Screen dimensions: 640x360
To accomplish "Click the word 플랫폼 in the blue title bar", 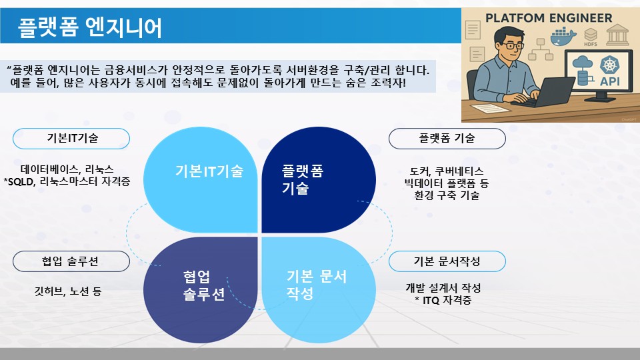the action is click(x=48, y=27).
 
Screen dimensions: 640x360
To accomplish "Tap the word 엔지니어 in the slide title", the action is click(x=124, y=27).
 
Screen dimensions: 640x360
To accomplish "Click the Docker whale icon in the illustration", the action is click(x=563, y=36).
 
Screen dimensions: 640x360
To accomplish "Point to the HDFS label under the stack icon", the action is click(x=590, y=44).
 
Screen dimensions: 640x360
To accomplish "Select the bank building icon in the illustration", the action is click(x=617, y=34).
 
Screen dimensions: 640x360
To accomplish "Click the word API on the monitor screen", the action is click(x=610, y=81).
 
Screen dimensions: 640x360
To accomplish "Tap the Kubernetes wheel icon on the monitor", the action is click(x=610, y=65).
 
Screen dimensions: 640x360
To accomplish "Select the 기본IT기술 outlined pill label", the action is click(x=71, y=139).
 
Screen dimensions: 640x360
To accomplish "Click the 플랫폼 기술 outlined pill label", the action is click(x=447, y=139).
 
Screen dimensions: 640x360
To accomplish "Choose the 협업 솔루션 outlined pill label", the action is click(x=71, y=261).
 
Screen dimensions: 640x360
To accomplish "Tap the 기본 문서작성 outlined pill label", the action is click(x=447, y=261).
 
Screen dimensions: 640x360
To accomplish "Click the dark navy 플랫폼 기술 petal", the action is click(x=319, y=179).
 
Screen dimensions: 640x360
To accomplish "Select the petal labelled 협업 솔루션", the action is click(x=201, y=290).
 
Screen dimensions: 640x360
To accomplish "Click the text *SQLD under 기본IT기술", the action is click(x=19, y=181).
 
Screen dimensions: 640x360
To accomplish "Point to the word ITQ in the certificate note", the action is click(x=431, y=301).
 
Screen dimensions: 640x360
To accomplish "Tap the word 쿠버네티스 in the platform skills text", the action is click(x=459, y=171).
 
